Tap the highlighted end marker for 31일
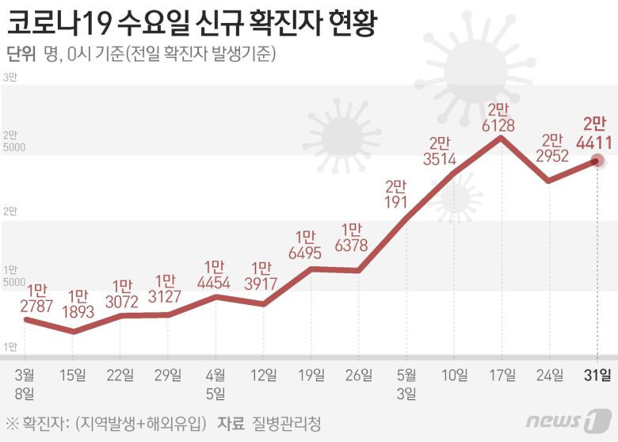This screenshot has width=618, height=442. pyautogui.click(x=597, y=161)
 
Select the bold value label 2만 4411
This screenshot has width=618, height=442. pyautogui.click(x=594, y=133)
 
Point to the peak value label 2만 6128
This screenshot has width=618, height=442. pyautogui.click(x=501, y=117)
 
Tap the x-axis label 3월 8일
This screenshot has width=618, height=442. pyautogui.click(x=25, y=383)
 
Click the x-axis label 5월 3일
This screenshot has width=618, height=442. pyautogui.click(x=406, y=383)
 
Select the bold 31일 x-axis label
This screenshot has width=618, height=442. pyautogui.click(x=597, y=375)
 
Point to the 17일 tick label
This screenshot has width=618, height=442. pyautogui.click(x=502, y=375)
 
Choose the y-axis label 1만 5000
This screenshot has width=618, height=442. pyautogui.click(x=14, y=276)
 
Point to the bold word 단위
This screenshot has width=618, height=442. pyautogui.click(x=21, y=54)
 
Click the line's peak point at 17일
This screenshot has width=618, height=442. pyautogui.click(x=502, y=138)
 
